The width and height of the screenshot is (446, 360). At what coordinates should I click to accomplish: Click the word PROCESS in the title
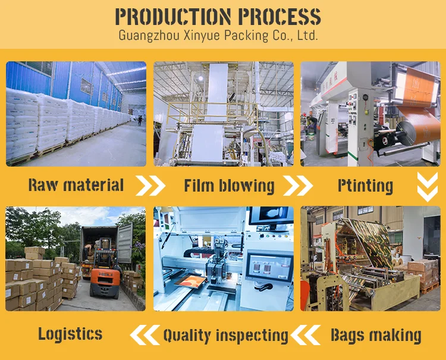(x=278, y=15)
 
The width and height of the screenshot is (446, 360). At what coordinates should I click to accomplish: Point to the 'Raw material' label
(x=76, y=185)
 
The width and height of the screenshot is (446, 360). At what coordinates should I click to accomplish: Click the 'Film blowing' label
(x=229, y=185)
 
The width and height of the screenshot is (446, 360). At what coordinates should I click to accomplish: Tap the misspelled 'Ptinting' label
(x=365, y=186)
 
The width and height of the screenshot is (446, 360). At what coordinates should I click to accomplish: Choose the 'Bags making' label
(x=376, y=335)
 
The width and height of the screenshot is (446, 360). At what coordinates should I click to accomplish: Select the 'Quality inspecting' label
(x=225, y=335)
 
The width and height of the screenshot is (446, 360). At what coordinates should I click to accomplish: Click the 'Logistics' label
(x=70, y=334)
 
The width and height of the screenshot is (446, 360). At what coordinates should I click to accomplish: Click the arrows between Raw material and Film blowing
(x=150, y=186)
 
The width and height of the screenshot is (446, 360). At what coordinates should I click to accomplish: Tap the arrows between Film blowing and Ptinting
(x=297, y=186)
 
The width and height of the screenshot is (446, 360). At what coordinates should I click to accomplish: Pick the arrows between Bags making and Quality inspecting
(x=307, y=335)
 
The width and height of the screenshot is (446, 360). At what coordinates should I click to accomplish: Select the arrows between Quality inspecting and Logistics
(x=145, y=335)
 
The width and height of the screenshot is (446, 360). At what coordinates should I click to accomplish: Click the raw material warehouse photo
(x=76, y=114)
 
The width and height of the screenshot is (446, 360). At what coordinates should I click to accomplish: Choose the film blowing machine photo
(x=223, y=114)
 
